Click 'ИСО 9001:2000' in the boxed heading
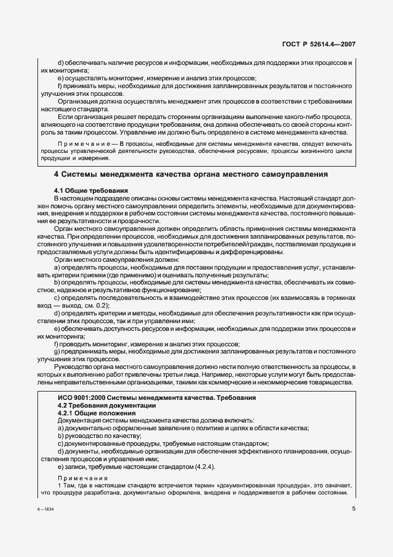(x=80, y=397)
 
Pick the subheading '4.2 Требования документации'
(x=98, y=405)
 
